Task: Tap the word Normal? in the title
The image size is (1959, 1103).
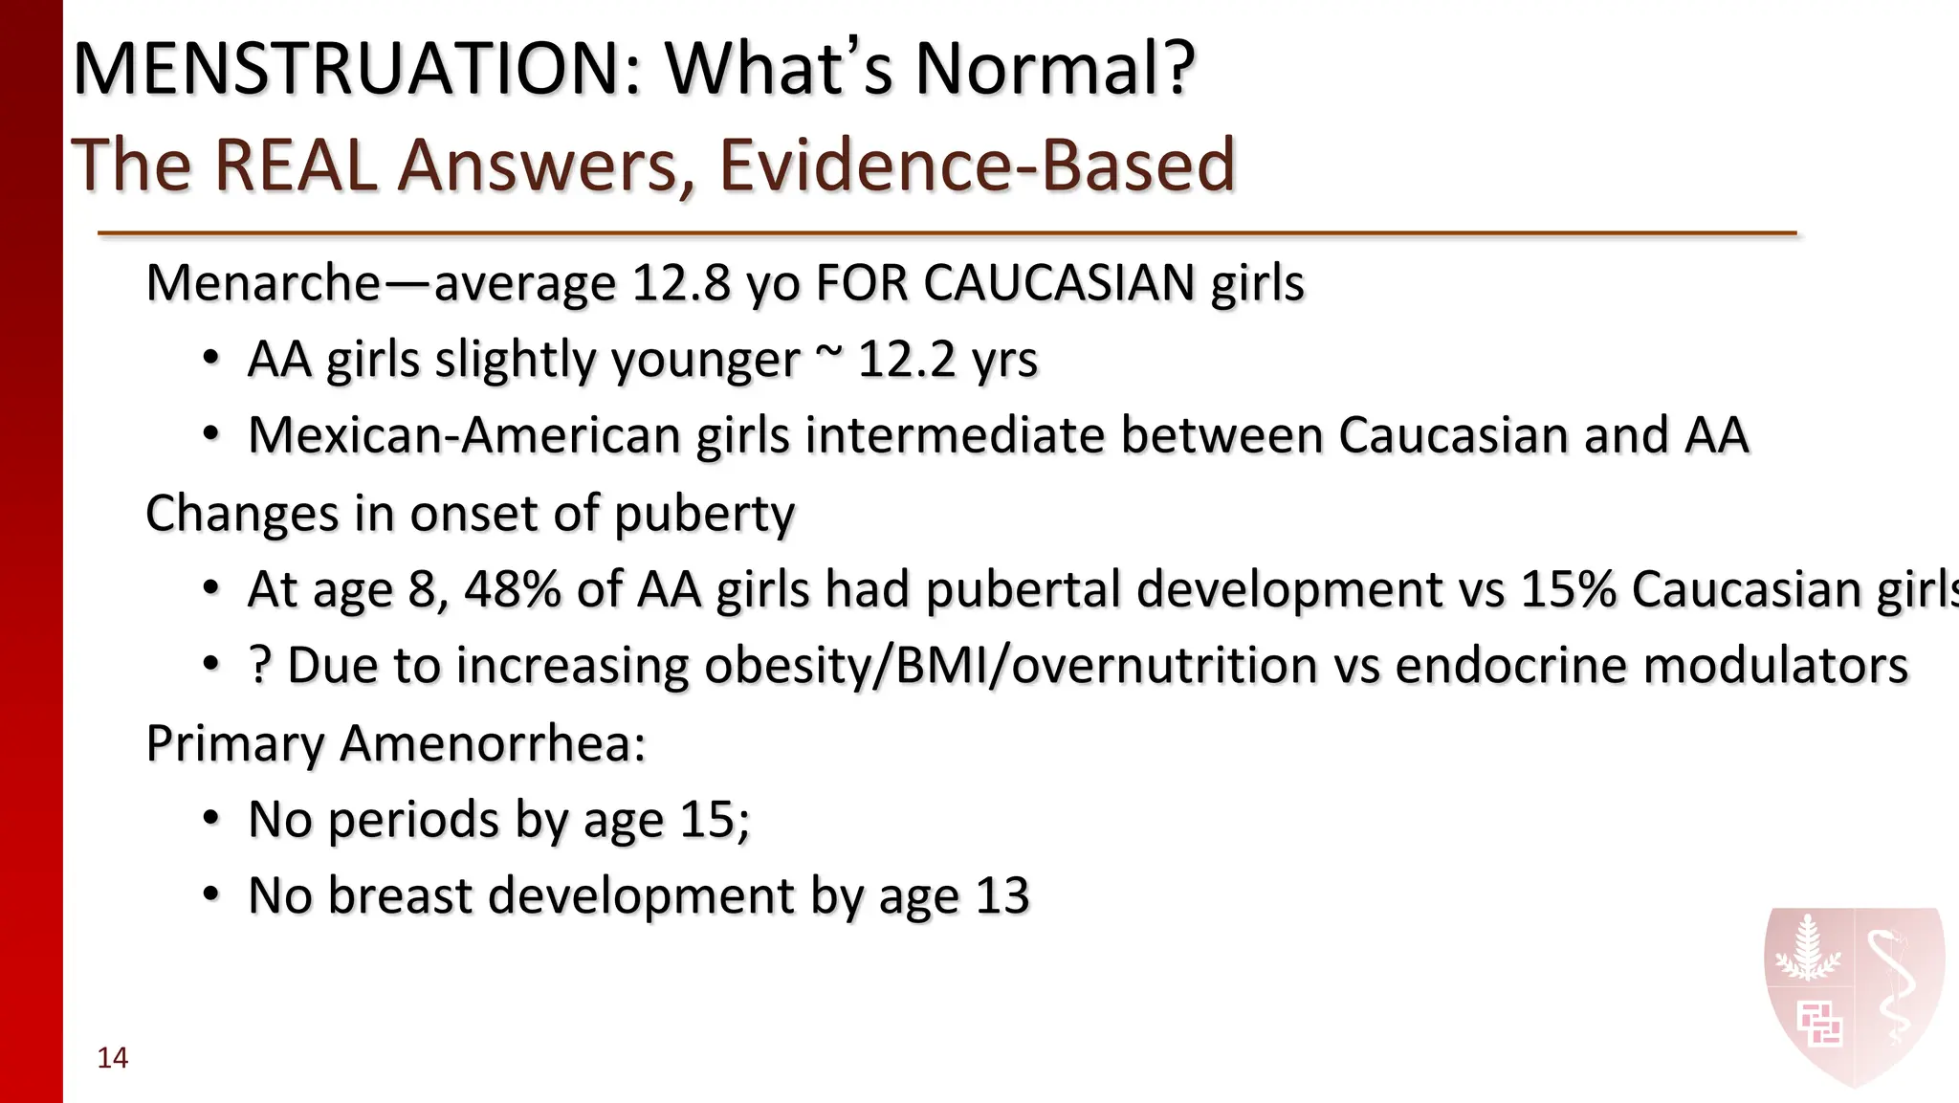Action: point(1055,69)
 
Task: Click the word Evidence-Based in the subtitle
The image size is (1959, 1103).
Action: point(977,165)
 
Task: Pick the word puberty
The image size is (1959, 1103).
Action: point(704,515)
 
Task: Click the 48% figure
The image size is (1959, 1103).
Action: point(512,589)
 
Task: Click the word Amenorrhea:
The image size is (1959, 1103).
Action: point(493,743)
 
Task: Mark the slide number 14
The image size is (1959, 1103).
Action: point(113,1058)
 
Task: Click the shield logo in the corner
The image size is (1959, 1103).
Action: point(1854,995)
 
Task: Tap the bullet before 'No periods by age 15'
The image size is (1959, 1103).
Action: point(211,820)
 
